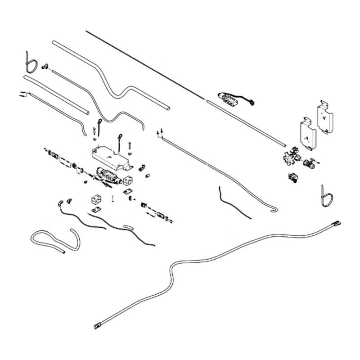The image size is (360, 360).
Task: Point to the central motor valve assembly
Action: click(x=108, y=176)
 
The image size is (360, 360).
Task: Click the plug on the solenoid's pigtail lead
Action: click(x=253, y=103)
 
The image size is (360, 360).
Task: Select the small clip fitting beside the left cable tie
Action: click(x=45, y=66)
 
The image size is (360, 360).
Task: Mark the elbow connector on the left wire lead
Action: click(x=60, y=202)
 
